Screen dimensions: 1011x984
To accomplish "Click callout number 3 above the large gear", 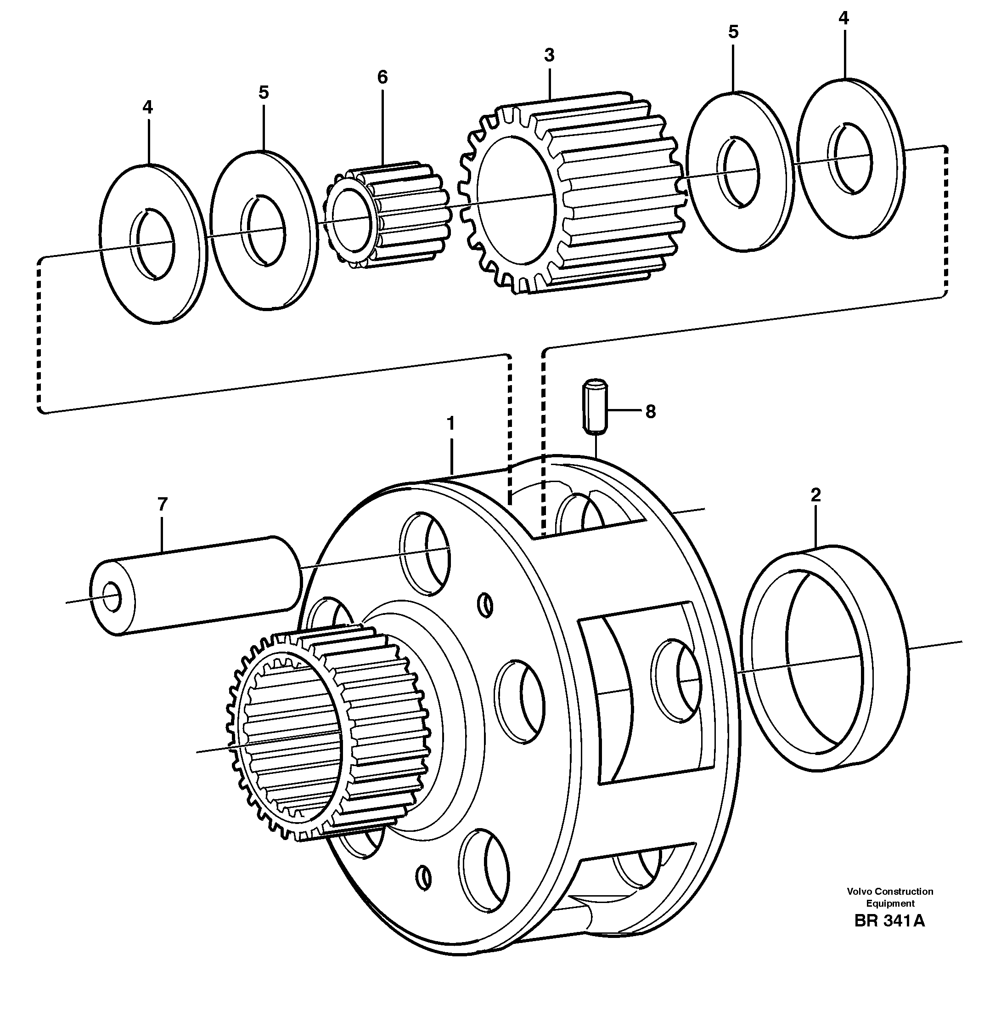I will (x=549, y=55).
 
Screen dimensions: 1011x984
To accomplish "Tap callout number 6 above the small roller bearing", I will (x=382, y=77).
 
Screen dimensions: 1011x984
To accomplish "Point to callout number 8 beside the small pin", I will (x=650, y=412).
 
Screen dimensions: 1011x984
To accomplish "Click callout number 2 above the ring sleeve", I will (x=815, y=495).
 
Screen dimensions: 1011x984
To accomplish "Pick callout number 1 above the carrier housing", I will (x=450, y=424).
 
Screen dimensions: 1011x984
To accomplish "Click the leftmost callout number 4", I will (x=148, y=107).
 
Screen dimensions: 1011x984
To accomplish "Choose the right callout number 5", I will (x=733, y=32).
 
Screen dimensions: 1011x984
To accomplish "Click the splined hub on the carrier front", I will (x=326, y=734).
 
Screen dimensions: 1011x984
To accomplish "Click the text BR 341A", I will (x=889, y=935).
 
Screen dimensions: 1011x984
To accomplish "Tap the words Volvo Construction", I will (x=889, y=905).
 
